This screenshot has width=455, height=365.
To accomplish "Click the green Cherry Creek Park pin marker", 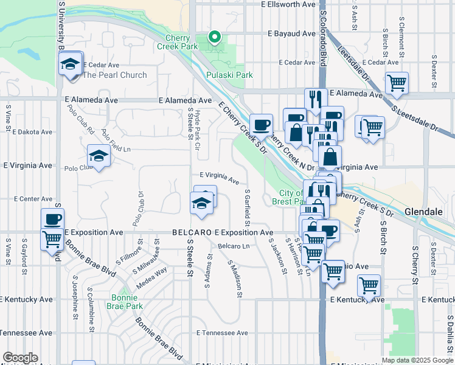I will click(214, 38).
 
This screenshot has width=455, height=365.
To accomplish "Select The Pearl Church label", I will click(115, 75).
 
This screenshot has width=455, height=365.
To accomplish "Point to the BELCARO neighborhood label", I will click(192, 232).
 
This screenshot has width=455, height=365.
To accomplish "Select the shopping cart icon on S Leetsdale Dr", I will click(397, 83).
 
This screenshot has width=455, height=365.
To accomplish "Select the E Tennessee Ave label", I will click(223, 333).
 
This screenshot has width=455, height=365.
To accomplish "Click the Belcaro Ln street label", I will click(234, 246).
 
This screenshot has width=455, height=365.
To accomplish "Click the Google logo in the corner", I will click(20, 358).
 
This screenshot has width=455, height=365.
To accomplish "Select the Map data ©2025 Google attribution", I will click(417, 360).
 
